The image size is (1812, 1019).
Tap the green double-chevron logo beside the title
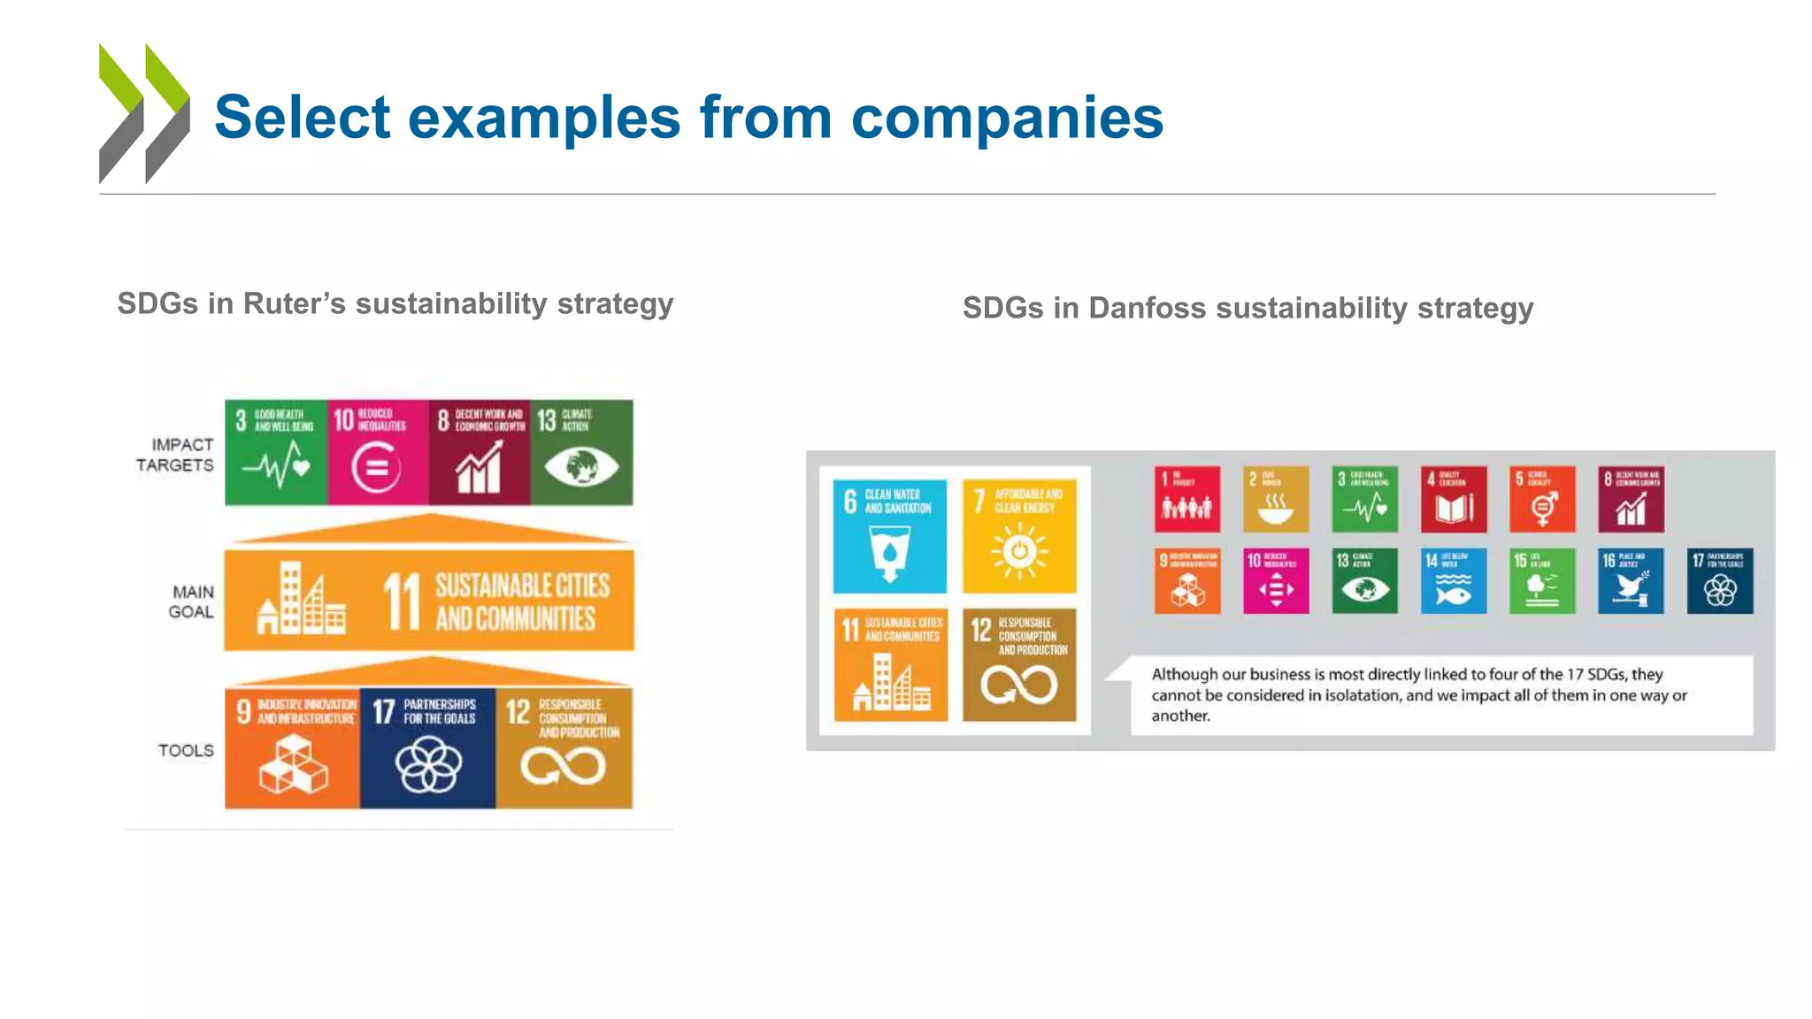[144, 113]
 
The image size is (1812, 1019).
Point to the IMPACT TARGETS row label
[175, 455]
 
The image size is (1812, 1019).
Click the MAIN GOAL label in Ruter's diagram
[192, 601]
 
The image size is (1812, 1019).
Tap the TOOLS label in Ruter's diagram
[186, 750]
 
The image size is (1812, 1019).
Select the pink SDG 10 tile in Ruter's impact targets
[378, 452]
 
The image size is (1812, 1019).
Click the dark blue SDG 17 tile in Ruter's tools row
[427, 748]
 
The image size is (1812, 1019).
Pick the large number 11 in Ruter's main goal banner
[402, 601]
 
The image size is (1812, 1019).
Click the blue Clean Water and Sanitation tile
[889, 536]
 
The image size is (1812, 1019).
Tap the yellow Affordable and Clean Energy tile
[1019, 536]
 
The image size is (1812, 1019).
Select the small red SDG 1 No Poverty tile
[1186, 499]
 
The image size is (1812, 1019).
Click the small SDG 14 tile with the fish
[1453, 581]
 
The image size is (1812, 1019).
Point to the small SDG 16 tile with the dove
[1630, 581]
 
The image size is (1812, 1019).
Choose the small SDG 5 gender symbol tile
[1541, 499]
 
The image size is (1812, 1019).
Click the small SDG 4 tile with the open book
[1453, 499]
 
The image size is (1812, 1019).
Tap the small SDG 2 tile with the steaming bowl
[1275, 499]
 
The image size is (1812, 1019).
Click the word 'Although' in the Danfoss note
[1184, 674]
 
